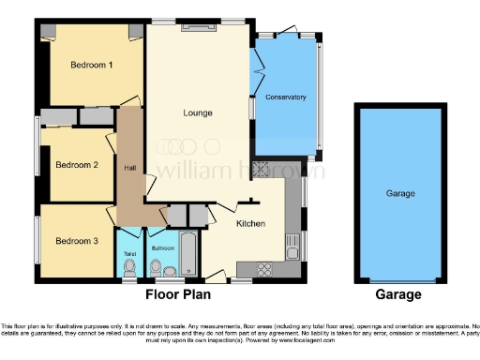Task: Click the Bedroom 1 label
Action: pos(92,65)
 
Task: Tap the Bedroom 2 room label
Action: pos(76,164)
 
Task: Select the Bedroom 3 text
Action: pos(76,241)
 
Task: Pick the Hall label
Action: pos(129,168)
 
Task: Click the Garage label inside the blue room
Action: pos(400,194)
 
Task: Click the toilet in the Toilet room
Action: pos(129,267)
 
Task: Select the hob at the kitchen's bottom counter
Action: pos(265,269)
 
